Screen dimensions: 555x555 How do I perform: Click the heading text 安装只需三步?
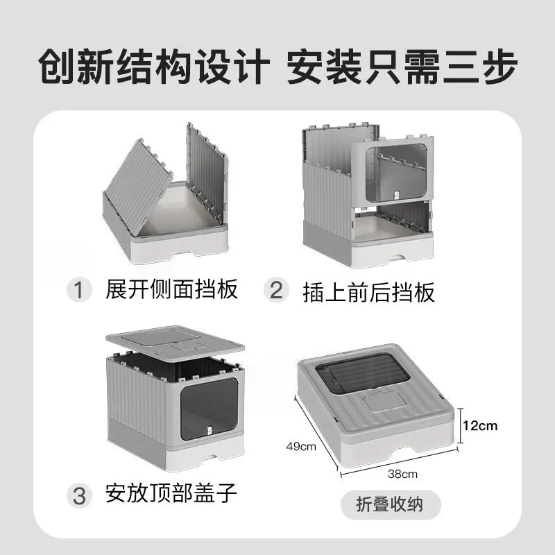402,67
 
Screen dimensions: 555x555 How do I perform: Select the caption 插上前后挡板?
368,291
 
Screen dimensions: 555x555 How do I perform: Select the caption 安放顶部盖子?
171,494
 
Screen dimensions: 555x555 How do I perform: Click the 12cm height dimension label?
480,425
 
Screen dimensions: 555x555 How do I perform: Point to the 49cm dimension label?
301,446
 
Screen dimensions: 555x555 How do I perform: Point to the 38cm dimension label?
402,475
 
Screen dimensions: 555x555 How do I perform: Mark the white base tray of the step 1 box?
166,243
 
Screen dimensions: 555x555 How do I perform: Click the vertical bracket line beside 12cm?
459,425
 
